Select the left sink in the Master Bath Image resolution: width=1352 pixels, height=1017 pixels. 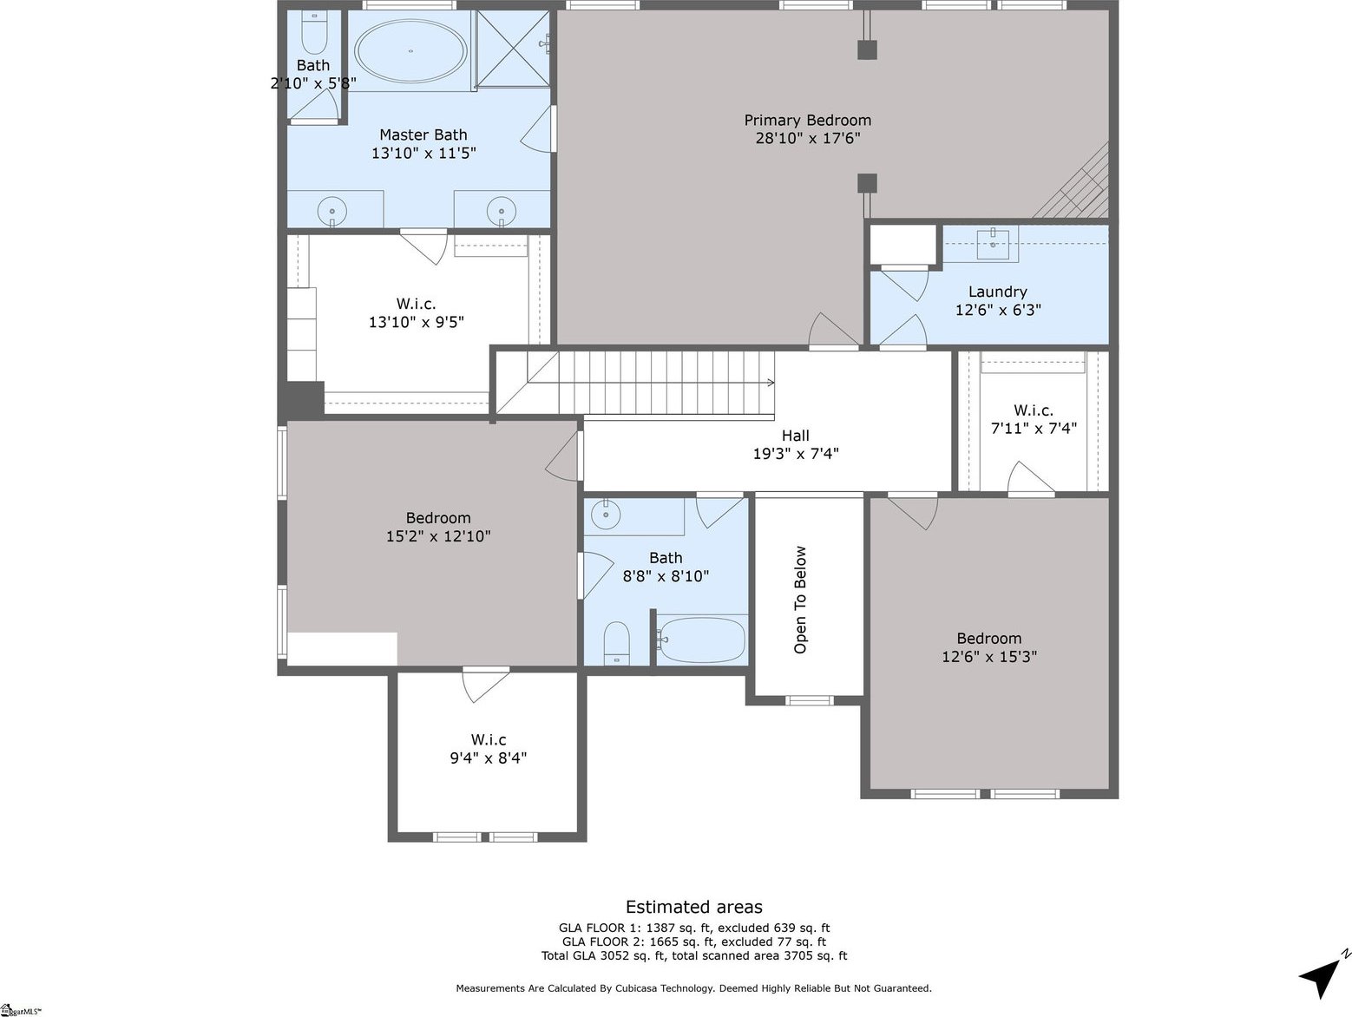pyautogui.click(x=331, y=211)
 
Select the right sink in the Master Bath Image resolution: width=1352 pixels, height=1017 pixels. pyautogui.click(x=501, y=211)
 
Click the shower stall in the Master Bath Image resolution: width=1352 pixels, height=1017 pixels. pyautogui.click(x=513, y=49)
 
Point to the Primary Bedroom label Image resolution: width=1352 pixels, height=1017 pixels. pyautogui.click(x=807, y=121)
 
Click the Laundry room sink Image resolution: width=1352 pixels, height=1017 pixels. pyautogui.click(x=992, y=243)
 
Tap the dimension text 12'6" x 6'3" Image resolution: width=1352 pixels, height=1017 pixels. pyautogui.click(x=998, y=310)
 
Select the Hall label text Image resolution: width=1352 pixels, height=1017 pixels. pyautogui.click(x=795, y=436)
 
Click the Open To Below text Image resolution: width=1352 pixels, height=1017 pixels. pyautogui.click(x=800, y=600)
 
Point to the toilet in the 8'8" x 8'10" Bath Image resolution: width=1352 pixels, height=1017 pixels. pyautogui.click(x=616, y=643)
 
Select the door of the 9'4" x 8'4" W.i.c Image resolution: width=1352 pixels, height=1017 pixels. pyautogui.click(x=484, y=684)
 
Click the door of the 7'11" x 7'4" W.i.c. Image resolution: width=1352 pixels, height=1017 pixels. pyautogui.click(x=1031, y=479)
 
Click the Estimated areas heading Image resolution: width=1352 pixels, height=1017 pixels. pyautogui.click(x=693, y=907)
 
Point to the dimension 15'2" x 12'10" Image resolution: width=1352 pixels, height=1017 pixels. pyautogui.click(x=438, y=536)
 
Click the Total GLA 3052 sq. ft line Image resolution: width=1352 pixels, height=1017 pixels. pyautogui.click(x=693, y=956)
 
